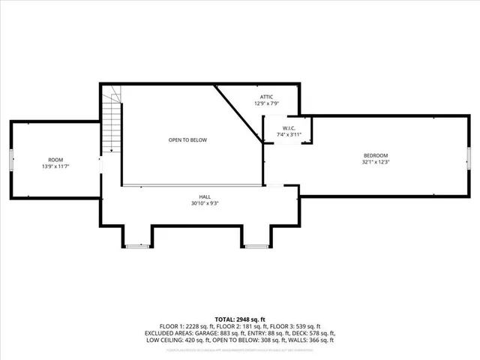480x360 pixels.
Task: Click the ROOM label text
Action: coord(55,160)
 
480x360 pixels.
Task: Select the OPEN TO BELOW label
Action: coord(187,140)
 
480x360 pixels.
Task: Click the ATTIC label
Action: coord(267,97)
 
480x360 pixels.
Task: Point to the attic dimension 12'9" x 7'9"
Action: coord(267,103)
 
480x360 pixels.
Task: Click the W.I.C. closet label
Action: coord(287,127)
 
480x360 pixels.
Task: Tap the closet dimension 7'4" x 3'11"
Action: coord(287,133)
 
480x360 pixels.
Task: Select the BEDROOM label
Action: coord(376,155)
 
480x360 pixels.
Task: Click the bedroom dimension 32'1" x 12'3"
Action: coord(376,162)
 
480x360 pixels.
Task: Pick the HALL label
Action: coord(204,196)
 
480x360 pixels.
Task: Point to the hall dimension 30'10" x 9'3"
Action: coord(204,202)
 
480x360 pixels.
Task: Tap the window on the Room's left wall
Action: coord(10,160)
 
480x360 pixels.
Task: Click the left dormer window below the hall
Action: coord(137,246)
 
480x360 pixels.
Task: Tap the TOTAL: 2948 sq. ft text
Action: coord(240,319)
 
